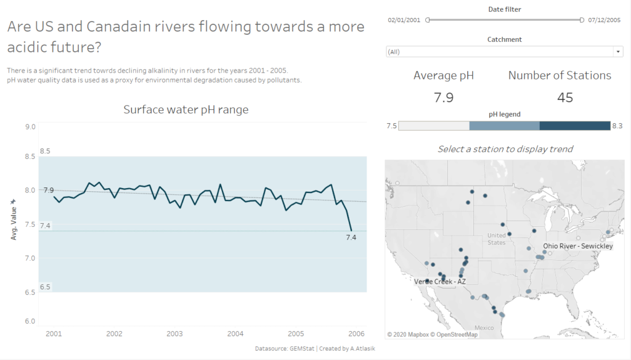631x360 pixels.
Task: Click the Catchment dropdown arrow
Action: (x=618, y=52)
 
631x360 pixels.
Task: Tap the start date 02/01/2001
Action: (x=404, y=20)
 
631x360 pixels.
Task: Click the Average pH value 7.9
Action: (x=444, y=97)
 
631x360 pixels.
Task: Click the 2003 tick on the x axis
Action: (x=174, y=333)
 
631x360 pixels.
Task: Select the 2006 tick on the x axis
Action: (x=356, y=333)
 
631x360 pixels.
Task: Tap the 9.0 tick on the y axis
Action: (x=29, y=126)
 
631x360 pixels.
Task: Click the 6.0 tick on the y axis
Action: (x=29, y=321)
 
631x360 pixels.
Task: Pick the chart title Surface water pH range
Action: (x=185, y=110)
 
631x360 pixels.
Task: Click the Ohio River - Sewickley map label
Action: (x=578, y=246)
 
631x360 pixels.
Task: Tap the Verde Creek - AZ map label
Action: (x=440, y=281)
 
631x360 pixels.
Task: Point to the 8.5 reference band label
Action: (x=45, y=151)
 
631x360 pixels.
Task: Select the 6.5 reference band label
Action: (x=45, y=287)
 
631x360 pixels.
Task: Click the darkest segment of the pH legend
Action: (x=574, y=126)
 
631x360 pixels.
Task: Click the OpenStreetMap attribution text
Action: (x=452, y=334)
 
